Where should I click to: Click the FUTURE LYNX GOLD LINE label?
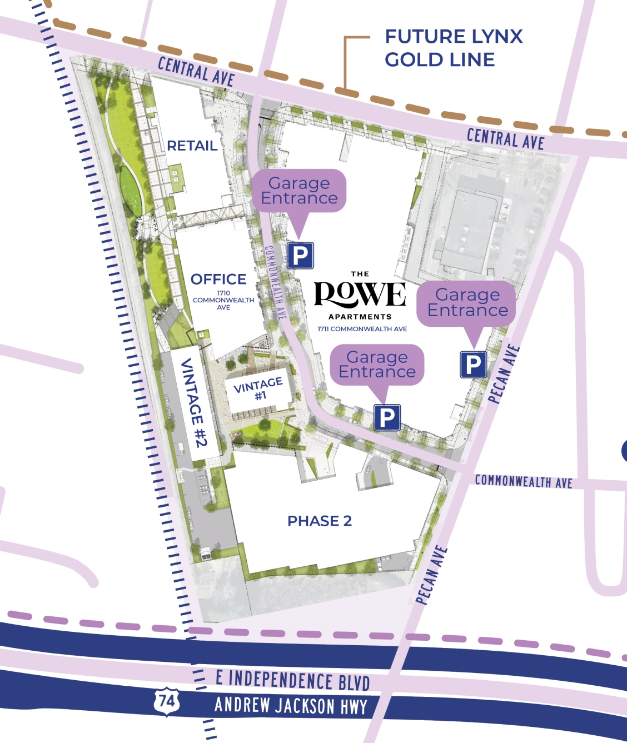point(453,48)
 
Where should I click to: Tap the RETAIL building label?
point(192,146)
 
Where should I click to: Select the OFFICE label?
point(218,279)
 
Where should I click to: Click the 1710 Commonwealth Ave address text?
point(223,300)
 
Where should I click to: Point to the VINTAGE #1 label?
point(258,388)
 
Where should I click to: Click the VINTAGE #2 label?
point(193,402)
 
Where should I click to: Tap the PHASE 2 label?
point(320,521)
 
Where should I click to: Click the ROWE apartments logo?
point(360,295)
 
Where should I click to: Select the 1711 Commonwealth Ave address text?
point(362,329)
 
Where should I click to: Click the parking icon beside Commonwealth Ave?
point(300,256)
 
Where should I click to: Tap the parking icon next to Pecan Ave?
point(473,365)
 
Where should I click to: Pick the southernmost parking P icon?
point(387,417)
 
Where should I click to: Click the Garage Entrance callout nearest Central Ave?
point(299,191)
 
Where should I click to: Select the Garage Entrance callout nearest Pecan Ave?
point(467,303)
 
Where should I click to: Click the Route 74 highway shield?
point(167,701)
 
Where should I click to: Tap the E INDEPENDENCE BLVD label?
point(292,680)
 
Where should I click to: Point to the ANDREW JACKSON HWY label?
point(291,706)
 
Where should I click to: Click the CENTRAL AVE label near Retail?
point(196,71)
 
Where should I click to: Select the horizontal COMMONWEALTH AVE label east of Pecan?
point(523,481)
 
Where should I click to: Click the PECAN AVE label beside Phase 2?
point(431,575)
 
